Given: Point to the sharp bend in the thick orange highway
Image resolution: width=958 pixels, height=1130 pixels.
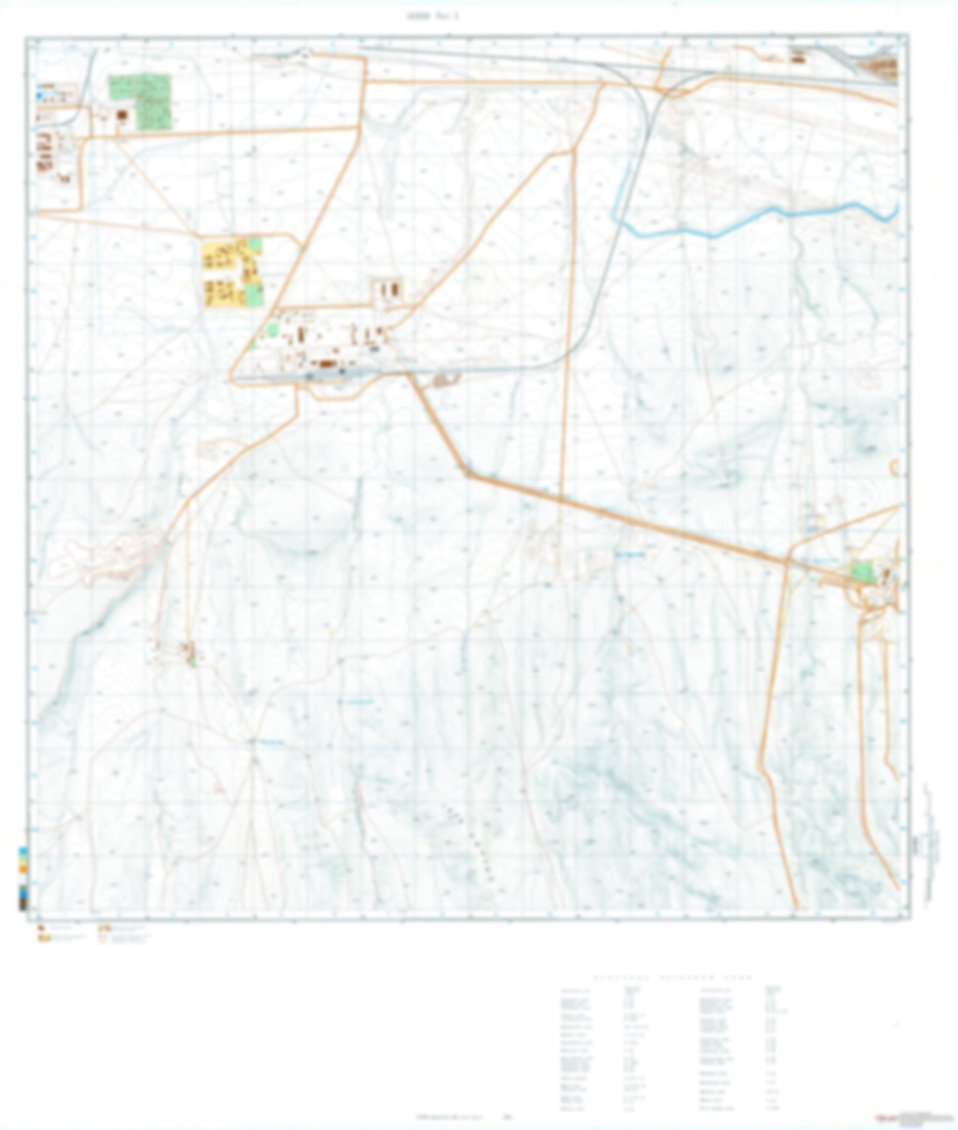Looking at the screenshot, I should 468,473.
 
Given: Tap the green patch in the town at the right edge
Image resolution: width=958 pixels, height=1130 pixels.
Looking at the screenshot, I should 862,572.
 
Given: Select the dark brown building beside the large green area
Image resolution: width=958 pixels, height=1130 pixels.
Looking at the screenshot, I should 121,116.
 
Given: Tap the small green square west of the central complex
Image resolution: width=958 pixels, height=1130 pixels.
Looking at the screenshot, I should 272,329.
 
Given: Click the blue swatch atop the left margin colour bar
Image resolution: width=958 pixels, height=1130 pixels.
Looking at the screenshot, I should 23,851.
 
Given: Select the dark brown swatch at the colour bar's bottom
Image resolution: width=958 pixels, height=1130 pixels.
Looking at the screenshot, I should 23,903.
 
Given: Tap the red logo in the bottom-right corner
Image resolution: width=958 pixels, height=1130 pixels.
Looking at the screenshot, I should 886,1117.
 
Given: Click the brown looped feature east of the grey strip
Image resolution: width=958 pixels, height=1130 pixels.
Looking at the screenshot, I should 446,380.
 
